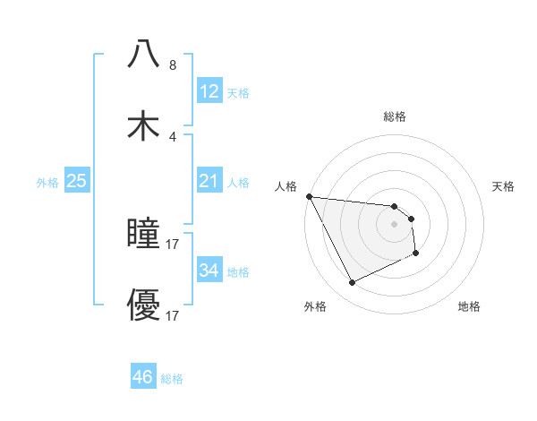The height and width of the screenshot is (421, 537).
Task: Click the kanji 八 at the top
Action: [x=143, y=55]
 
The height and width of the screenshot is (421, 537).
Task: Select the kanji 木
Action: [x=143, y=126]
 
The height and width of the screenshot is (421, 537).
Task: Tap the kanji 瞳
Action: [x=143, y=234]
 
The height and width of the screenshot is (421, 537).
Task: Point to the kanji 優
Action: [x=143, y=305]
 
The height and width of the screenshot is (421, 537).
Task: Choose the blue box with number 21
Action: [x=209, y=181]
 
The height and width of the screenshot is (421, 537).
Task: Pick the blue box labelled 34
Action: [x=209, y=270]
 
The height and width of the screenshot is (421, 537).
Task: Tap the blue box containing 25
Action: [x=77, y=181]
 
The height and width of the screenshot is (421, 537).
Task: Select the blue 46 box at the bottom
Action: [x=143, y=377]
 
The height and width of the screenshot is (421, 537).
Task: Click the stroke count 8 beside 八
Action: [x=173, y=65]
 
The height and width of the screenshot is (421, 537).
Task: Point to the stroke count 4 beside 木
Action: [x=173, y=137]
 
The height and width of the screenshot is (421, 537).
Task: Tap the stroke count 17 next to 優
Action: [x=174, y=316]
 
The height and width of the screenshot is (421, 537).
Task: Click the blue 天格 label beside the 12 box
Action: [x=238, y=92]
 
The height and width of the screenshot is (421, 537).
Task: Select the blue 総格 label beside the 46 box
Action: [x=172, y=379]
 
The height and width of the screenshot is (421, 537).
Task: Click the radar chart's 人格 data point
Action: [x=309, y=196]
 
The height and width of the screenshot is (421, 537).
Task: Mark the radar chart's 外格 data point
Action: [x=352, y=283]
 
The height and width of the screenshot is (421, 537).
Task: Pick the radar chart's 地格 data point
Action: [x=417, y=253]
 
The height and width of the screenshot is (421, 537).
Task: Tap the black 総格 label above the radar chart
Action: [x=395, y=116]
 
